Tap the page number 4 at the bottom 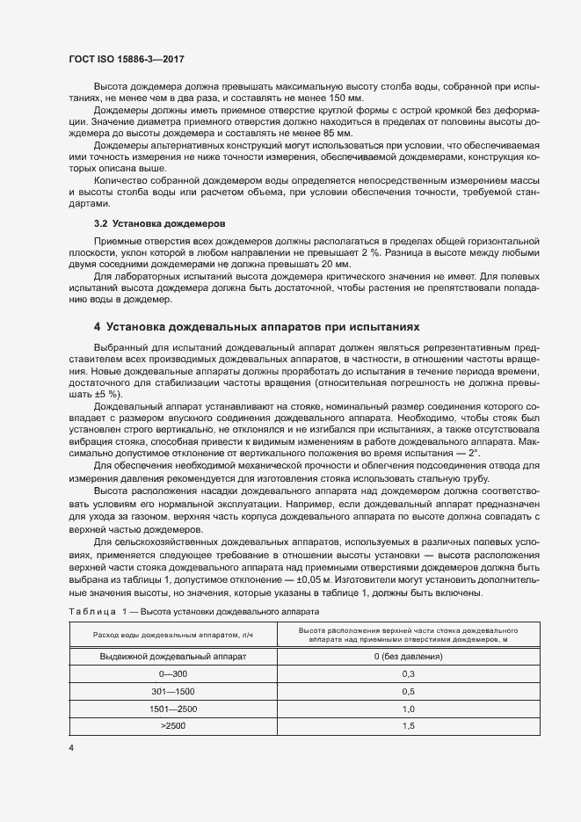tap(71, 747)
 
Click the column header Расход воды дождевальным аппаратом tap(172, 637)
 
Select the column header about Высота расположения tap(408, 637)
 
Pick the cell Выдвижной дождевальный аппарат tap(172, 657)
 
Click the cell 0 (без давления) tap(408, 657)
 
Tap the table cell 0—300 tap(172, 674)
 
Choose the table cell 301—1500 tap(172, 692)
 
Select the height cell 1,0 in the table tap(408, 709)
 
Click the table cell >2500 tap(172, 726)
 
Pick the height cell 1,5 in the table tap(408, 726)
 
